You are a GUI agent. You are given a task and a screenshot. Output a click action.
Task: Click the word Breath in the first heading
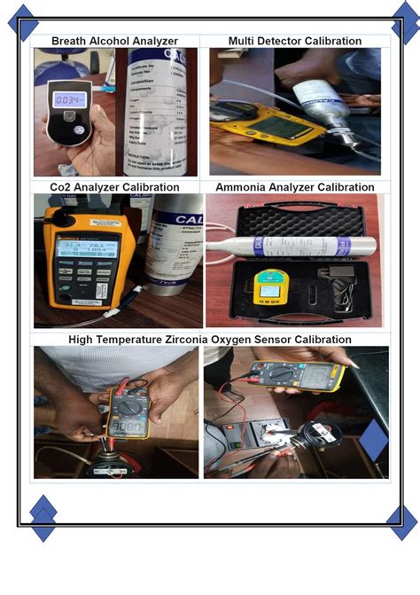[70, 41]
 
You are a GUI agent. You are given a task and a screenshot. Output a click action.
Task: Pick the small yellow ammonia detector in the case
[265, 286]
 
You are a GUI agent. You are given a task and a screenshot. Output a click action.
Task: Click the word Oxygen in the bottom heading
[259, 340]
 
